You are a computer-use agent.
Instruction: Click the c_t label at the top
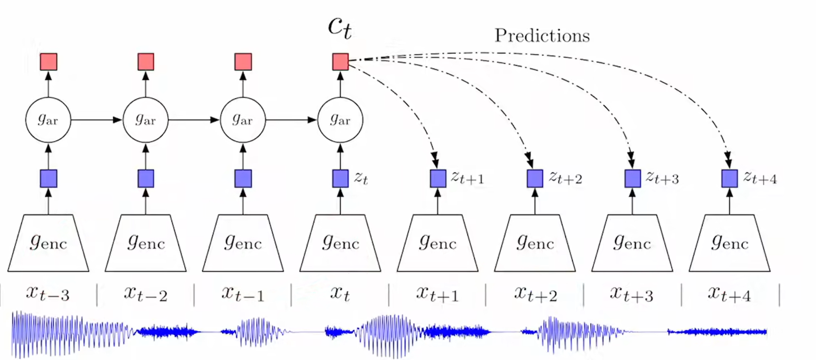(340, 27)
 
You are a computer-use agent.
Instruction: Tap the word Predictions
(542, 36)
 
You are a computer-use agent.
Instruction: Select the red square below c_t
(340, 62)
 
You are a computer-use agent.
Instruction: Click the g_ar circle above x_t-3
(48, 120)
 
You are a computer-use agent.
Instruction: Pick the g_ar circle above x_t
(340, 120)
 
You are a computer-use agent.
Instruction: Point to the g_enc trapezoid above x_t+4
(730, 243)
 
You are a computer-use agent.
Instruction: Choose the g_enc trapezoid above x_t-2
(146, 243)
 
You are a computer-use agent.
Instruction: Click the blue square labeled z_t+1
(438, 179)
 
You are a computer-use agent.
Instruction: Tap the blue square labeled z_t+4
(730, 179)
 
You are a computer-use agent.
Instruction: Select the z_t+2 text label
(566, 178)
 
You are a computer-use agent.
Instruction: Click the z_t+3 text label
(662, 178)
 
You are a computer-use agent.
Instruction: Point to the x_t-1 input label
(243, 294)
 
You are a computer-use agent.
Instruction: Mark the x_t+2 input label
(535, 294)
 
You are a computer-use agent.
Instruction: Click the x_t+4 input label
(729, 294)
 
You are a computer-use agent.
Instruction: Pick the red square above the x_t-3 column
(48, 62)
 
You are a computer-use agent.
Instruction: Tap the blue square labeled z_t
(340, 179)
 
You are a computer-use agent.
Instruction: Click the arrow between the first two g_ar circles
(97, 120)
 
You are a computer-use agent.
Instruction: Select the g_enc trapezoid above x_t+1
(438, 243)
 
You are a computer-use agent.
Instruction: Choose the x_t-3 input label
(48, 294)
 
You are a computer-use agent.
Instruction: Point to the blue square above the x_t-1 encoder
(243, 179)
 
